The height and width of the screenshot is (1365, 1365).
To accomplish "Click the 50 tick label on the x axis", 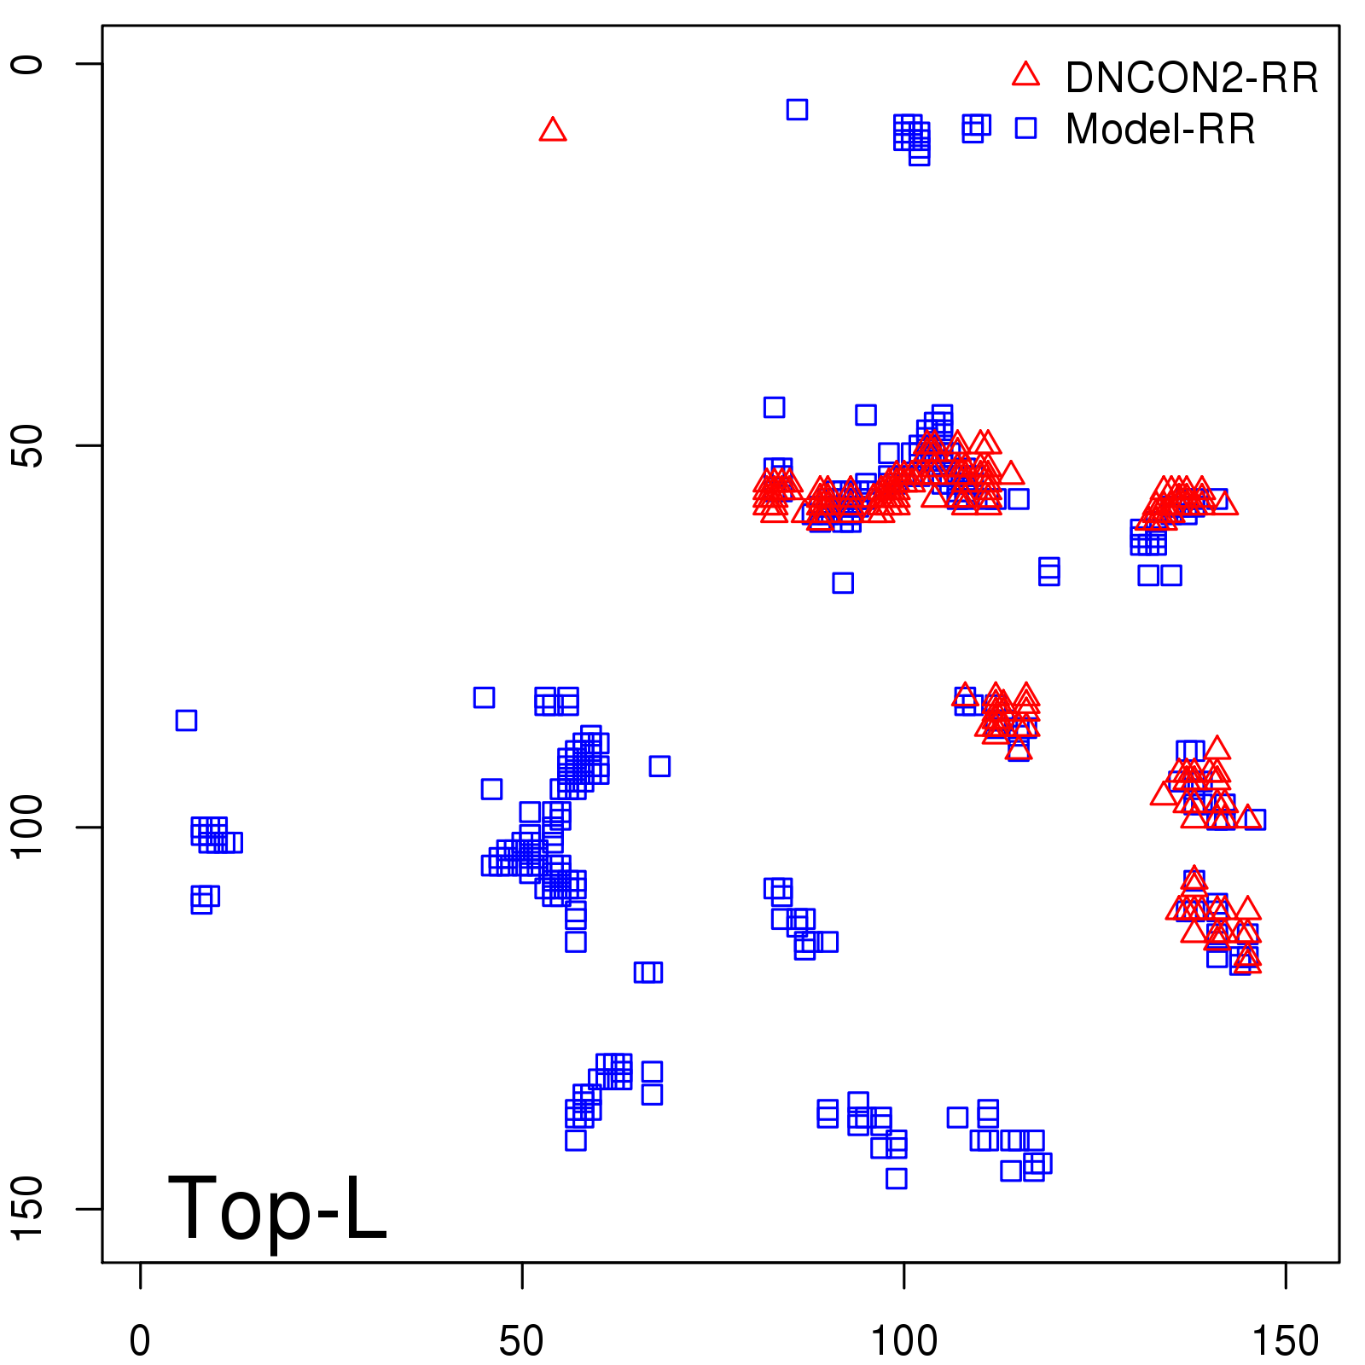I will coord(521,1341).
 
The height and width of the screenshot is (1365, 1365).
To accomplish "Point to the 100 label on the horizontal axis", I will coord(903,1341).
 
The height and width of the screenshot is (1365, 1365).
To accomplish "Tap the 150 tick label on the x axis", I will coord(1285,1341).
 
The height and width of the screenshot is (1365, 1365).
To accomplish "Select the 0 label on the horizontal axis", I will coord(140,1341).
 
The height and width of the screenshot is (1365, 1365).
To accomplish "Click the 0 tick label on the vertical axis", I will coord(27,64).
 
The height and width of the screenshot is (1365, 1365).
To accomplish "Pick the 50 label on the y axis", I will coord(27,445).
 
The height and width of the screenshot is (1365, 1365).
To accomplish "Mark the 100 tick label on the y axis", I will coord(27,827).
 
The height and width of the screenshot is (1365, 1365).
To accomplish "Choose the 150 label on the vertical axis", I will coord(27,1208).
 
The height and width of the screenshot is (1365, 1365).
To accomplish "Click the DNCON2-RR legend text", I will coord(1192,78).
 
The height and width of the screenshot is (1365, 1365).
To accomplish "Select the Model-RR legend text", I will coord(1160,130).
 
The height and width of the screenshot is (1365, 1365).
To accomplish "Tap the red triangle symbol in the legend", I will coord(1025,75).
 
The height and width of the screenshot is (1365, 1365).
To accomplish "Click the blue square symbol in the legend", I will coord(1025,128).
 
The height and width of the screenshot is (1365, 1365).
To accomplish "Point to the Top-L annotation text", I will coord(277,1208).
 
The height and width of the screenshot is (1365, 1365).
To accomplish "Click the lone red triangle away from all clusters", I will coord(553,130).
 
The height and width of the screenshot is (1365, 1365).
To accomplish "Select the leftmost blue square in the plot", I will coord(186,720).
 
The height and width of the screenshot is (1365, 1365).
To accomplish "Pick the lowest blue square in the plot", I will coord(896,1178).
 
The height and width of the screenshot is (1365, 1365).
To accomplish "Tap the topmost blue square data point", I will coord(797,109).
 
